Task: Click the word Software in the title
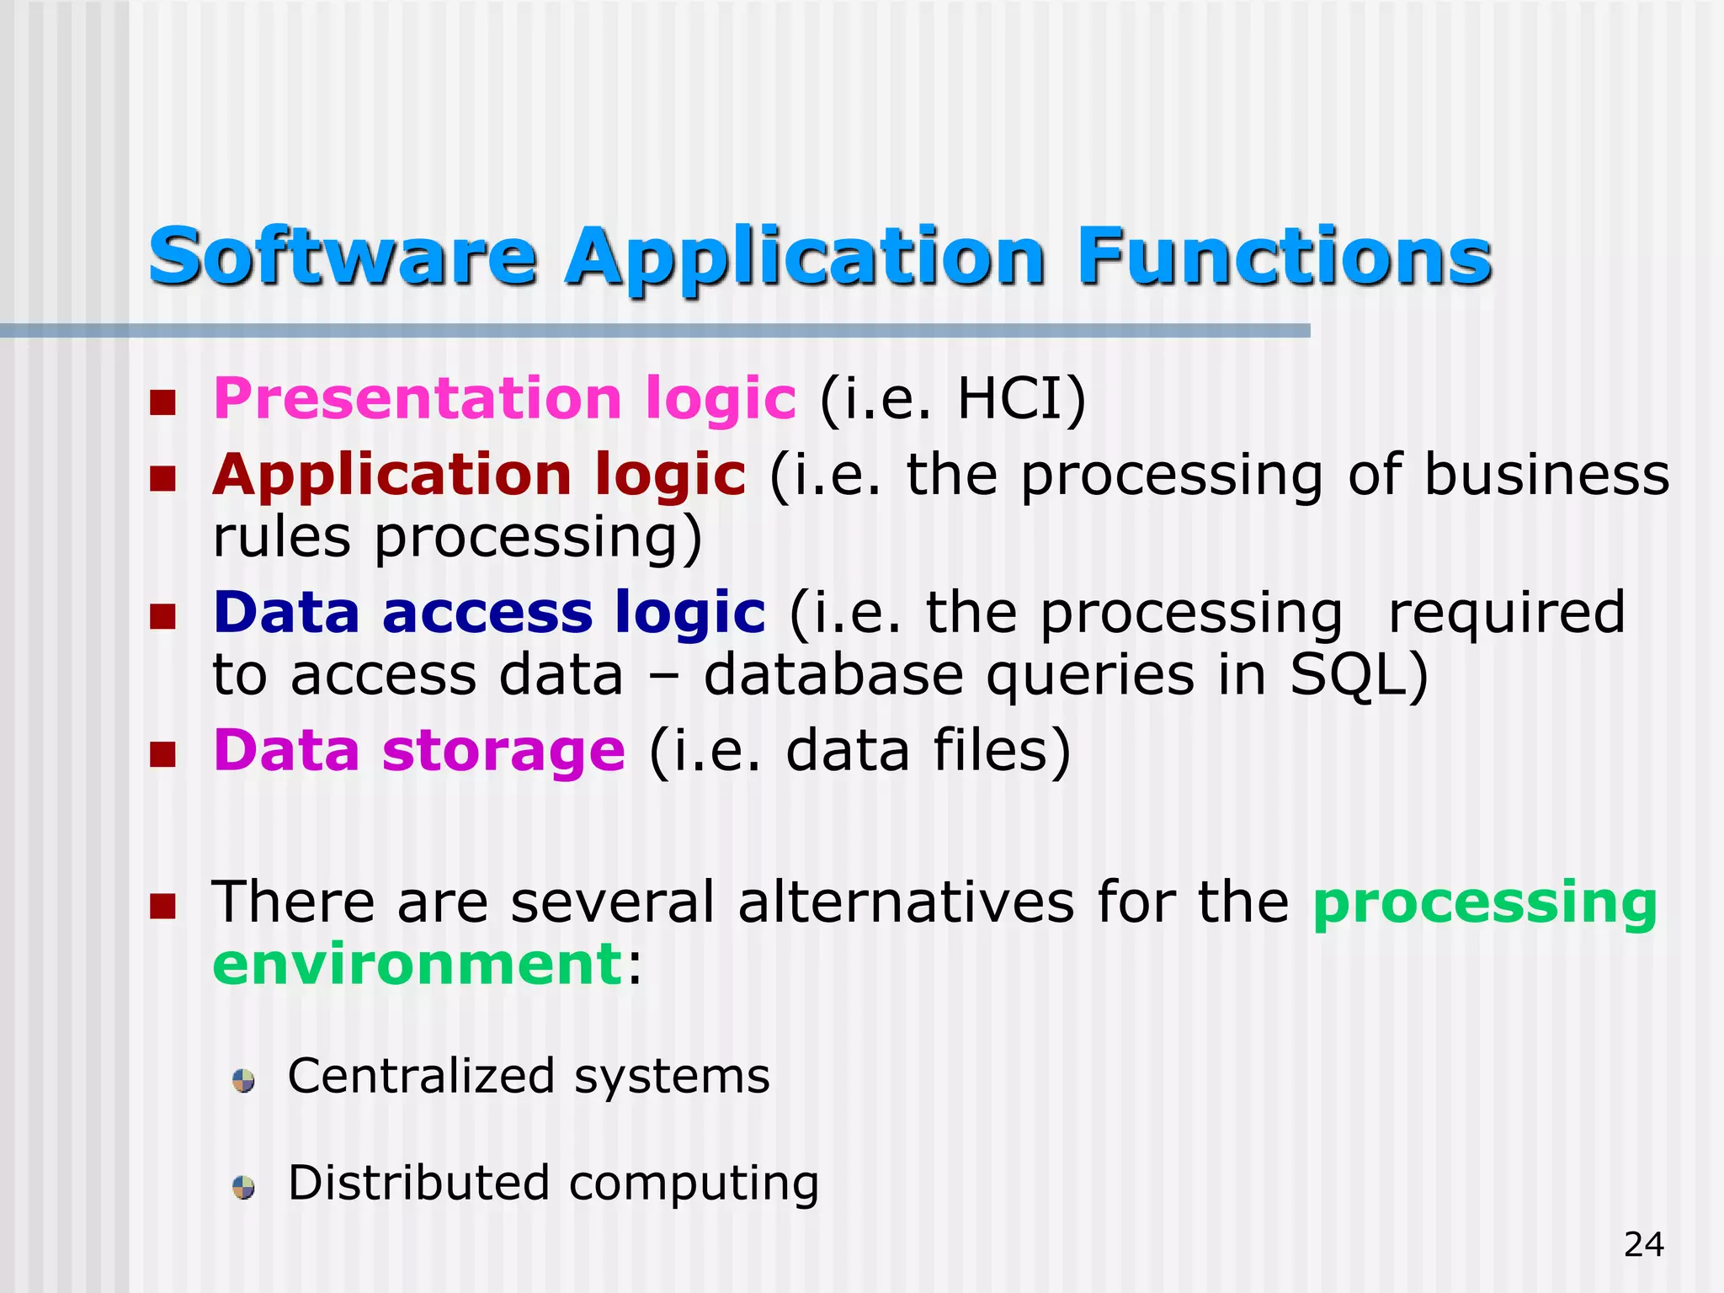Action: point(342,257)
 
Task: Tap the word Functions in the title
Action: point(1285,257)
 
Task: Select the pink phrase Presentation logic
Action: point(504,398)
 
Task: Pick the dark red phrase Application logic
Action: point(479,475)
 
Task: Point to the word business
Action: point(1546,475)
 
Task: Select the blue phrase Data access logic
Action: point(489,612)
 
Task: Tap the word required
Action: point(1506,612)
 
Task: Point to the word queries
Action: point(1090,675)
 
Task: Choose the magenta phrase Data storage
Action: point(419,750)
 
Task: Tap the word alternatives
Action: point(906,902)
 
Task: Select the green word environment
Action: point(418,964)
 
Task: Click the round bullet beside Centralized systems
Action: point(244,1081)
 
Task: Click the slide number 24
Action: point(1643,1244)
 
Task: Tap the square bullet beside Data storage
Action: point(162,754)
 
